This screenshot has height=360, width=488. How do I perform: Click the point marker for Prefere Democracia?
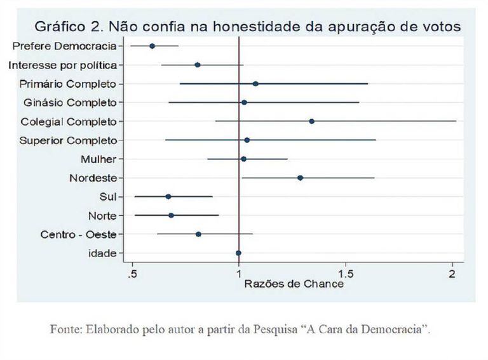[x=152, y=46]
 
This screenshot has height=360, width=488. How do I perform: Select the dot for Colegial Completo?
[x=311, y=121]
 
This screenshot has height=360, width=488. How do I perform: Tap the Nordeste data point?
[x=300, y=178]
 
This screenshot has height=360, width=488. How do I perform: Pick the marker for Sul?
[x=168, y=196]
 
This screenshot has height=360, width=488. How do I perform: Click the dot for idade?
[x=238, y=253]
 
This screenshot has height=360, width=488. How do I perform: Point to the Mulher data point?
[x=243, y=159]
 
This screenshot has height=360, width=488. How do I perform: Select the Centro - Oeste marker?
[x=198, y=234]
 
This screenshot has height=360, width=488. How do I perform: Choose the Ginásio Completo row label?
[x=70, y=102]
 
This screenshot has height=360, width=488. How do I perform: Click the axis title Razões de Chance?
[x=294, y=284]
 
